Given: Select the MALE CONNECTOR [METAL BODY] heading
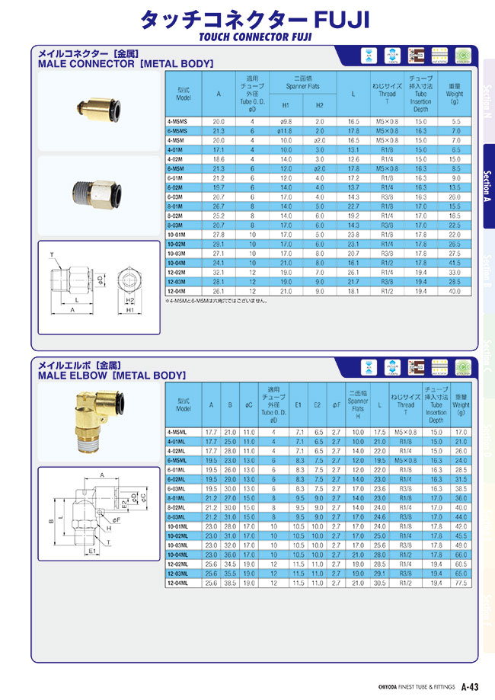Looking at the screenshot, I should point(126,64).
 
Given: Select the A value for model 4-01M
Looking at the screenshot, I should point(219,150).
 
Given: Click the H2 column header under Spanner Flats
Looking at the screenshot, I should point(320,104).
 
